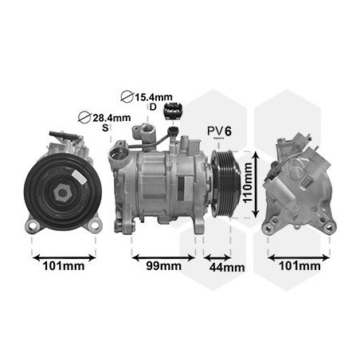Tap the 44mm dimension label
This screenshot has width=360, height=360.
pos(226,267)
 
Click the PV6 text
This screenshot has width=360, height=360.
pos(219,130)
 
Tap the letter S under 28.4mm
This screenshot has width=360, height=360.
pos(104,128)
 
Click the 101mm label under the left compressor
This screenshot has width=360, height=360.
pos(63,266)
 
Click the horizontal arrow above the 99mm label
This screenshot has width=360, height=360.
pos(163,257)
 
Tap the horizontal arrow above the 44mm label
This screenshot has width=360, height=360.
pos(217,257)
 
